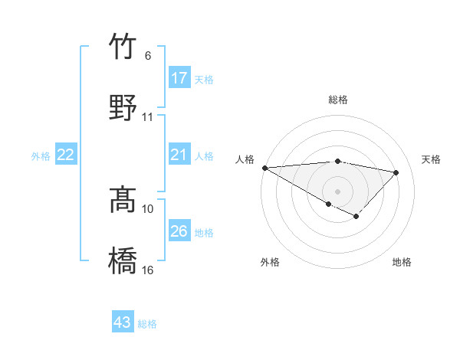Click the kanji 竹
(x=123, y=47)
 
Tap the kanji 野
(x=123, y=106)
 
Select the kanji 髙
(x=123, y=201)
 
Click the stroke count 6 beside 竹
(x=147, y=56)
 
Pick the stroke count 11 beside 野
(x=148, y=117)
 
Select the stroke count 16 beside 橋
(x=148, y=270)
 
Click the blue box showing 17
(x=179, y=78)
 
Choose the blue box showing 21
(x=179, y=155)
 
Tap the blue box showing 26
(x=179, y=231)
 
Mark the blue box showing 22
(x=66, y=155)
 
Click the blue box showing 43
(x=123, y=322)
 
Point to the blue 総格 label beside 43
(x=147, y=324)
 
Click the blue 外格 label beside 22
(x=41, y=156)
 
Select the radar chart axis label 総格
(x=338, y=100)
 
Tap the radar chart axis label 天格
(x=432, y=159)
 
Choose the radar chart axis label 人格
(x=245, y=159)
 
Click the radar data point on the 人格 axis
(x=264, y=168)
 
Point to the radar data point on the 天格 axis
(x=396, y=172)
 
